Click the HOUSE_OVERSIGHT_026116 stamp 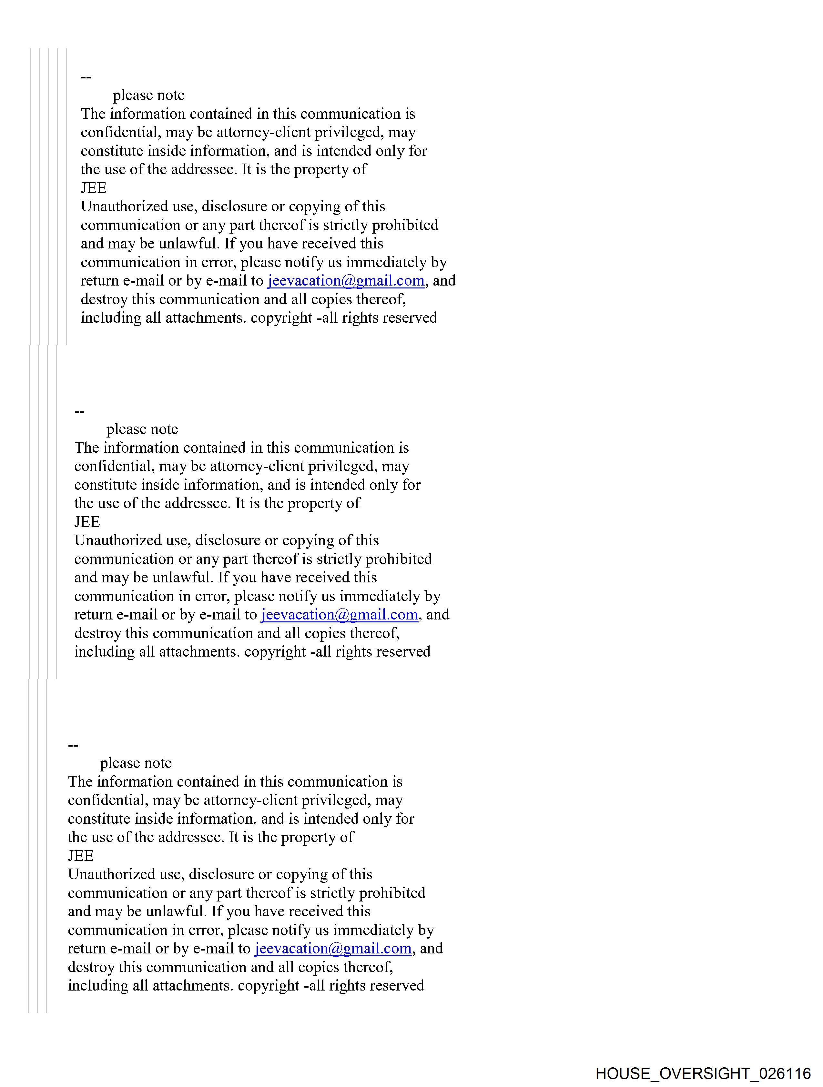pyautogui.click(x=703, y=1073)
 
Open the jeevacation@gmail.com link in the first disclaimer pyautogui.click(x=346, y=281)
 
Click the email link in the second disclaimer pyautogui.click(x=339, y=614)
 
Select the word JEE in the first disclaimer pyautogui.click(x=93, y=188)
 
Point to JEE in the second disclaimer pyautogui.click(x=87, y=521)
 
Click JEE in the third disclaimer pyautogui.click(x=81, y=856)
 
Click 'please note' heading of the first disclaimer pyautogui.click(x=148, y=95)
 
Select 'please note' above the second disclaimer pyautogui.click(x=142, y=429)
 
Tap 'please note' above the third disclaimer pyautogui.click(x=136, y=763)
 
